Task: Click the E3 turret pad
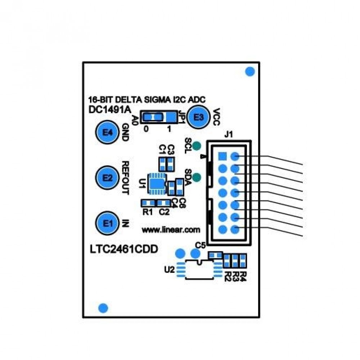(x=198, y=117)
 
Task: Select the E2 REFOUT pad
(x=107, y=177)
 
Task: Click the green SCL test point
(x=197, y=146)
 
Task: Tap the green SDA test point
(x=197, y=177)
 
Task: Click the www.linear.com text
(x=171, y=229)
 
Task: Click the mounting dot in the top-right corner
(x=249, y=71)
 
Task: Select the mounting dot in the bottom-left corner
(x=103, y=308)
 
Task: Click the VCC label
(x=216, y=117)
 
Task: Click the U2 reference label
(x=169, y=269)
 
